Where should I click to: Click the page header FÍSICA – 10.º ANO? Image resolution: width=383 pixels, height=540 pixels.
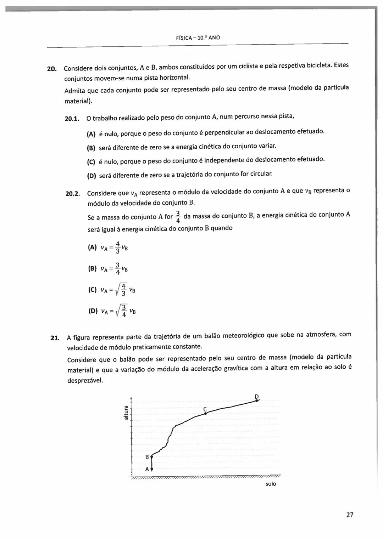click(198, 38)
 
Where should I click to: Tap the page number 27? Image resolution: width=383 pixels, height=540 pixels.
click(350, 515)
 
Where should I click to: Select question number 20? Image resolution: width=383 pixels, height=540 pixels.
click(52, 69)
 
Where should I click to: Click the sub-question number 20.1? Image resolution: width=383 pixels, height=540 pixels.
click(72, 119)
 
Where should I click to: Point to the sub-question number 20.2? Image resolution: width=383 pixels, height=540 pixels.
click(73, 194)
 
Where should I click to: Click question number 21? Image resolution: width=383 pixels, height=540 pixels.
click(55, 338)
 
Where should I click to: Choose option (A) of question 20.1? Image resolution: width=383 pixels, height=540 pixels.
click(91, 134)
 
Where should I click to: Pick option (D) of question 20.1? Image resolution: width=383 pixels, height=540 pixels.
click(91, 176)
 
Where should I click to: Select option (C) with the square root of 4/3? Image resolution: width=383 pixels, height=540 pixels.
click(111, 290)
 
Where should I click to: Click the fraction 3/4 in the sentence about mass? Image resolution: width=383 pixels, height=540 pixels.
click(178, 217)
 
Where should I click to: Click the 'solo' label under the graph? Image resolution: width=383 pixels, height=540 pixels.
click(271, 484)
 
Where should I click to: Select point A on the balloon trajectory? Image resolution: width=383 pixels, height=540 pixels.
click(151, 469)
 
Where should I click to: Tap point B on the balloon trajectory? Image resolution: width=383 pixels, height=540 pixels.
click(151, 457)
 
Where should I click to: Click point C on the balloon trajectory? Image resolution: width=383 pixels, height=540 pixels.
click(205, 413)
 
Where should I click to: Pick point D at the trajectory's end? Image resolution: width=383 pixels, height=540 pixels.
click(257, 400)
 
